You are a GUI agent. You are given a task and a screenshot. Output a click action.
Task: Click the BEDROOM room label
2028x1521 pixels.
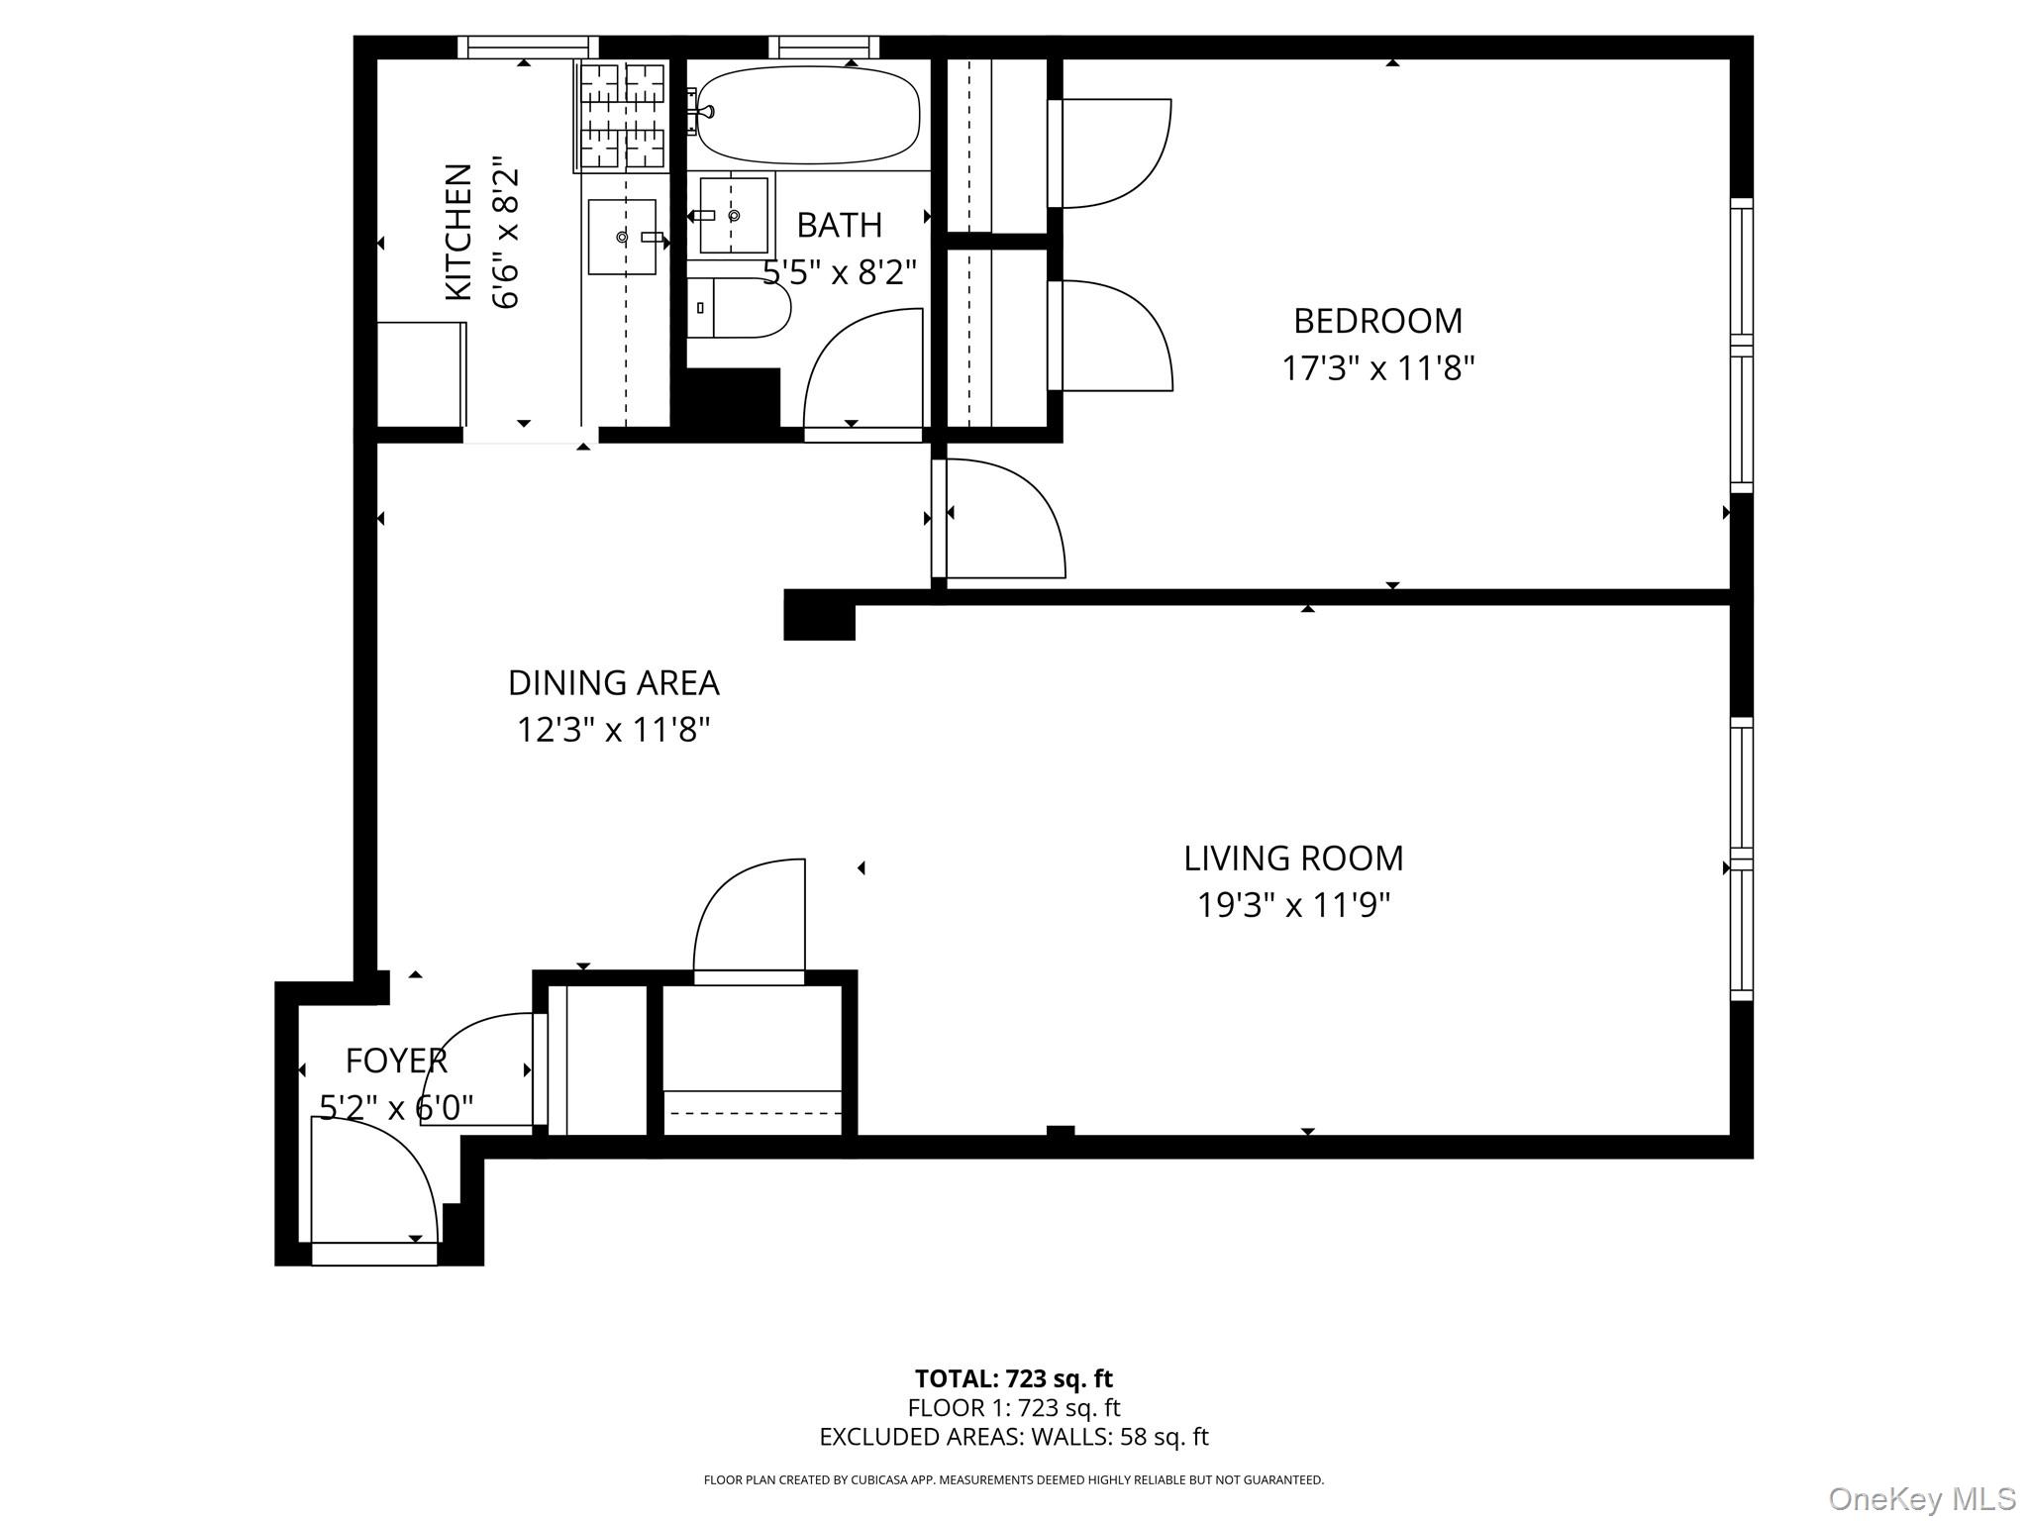[x=1377, y=321]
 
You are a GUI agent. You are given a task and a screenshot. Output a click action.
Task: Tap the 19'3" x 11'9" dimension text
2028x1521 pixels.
[x=1294, y=905]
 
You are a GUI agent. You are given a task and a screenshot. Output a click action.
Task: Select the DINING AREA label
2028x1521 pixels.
[x=613, y=683]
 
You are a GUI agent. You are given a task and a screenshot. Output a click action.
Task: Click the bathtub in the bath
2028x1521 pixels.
[x=808, y=115]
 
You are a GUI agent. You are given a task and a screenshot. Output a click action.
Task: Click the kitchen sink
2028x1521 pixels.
[x=622, y=237]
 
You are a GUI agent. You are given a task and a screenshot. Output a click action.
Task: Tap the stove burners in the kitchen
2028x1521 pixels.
[x=622, y=116]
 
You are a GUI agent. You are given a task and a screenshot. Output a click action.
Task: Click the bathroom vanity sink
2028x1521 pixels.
[x=734, y=216]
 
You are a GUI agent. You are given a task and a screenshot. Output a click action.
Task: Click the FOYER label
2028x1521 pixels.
[x=396, y=1061]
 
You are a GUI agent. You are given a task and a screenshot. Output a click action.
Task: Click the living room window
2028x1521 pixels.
[x=1741, y=859]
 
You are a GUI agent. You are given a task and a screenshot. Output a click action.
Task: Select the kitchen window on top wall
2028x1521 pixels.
[x=528, y=48]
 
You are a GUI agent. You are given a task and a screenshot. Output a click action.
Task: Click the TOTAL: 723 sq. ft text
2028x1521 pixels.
[x=1013, y=1378]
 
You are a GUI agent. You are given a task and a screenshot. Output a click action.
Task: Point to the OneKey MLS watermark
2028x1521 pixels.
[x=1921, y=1498]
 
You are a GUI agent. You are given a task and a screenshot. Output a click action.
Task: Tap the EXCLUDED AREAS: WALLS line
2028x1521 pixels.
[x=1013, y=1436]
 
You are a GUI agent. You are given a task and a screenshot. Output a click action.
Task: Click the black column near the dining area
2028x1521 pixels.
[x=819, y=615]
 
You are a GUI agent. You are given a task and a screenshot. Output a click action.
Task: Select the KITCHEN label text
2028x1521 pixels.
[x=457, y=232]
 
